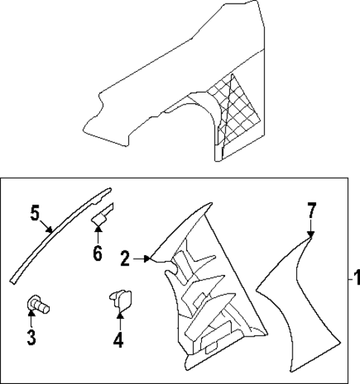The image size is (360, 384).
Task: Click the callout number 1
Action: click(355, 280)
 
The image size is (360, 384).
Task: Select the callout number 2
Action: click(125, 258)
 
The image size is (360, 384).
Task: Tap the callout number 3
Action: click(32, 337)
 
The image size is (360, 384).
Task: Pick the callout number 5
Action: click(34, 212)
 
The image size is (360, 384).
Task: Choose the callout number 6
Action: click(97, 254)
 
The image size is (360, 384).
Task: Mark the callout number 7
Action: click(312, 211)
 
